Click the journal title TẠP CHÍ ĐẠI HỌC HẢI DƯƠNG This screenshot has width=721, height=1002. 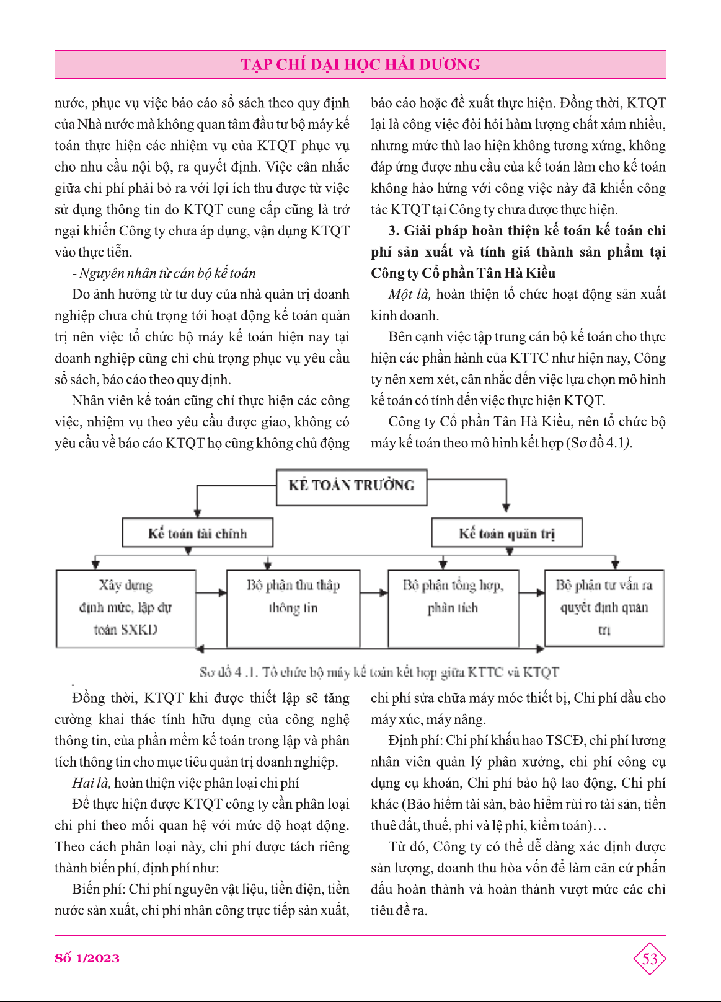tap(360, 64)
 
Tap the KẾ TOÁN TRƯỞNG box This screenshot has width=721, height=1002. tap(352, 486)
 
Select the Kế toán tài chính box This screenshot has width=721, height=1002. tap(198, 534)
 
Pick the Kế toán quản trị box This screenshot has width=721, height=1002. tap(506, 534)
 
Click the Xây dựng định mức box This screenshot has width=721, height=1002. tap(126, 608)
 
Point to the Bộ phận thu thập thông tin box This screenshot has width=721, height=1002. tap(293, 608)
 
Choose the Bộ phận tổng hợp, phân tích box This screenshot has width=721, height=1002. tap(453, 608)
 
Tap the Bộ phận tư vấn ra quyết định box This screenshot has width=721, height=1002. tap(604, 608)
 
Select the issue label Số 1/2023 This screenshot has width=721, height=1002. tap(87, 959)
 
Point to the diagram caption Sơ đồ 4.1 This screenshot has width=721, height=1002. tap(379, 672)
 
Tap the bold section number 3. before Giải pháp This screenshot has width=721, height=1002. tap(394, 231)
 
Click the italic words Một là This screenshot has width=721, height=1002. tap(409, 294)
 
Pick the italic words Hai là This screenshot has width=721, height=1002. tap(91, 783)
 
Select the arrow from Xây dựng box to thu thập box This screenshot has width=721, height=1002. tap(212, 593)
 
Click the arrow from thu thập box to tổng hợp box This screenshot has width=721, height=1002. tap(374, 593)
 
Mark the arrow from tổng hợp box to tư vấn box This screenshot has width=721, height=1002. tap(531, 593)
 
